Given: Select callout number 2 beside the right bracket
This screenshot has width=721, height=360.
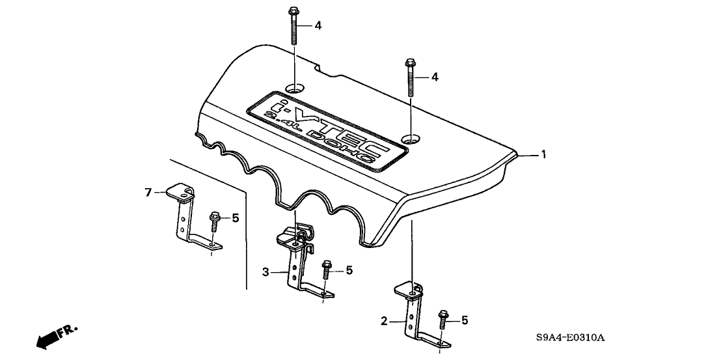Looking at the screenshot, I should coord(385,320).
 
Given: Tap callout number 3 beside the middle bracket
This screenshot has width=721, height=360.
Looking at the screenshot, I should coord(266,273).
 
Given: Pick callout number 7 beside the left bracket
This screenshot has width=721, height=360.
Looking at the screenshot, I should coord(148,192).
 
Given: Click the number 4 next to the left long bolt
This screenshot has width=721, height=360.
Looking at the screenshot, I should coord(318,25).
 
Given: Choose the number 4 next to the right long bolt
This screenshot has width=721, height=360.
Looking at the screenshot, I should coord(435,77).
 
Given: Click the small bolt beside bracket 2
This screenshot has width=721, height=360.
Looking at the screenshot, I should coord(443,320).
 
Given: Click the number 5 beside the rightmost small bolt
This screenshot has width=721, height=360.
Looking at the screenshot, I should coord(465,320).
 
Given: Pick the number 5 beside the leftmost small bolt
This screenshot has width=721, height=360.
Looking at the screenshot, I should coord(236,218).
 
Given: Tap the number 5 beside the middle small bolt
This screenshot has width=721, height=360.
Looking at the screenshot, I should coord(349,270).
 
